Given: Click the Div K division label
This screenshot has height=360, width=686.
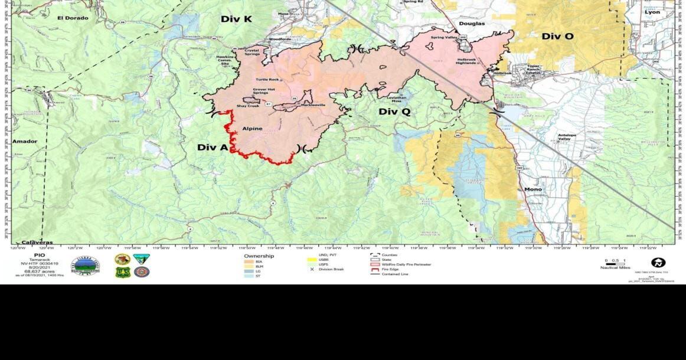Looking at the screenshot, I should click(x=236, y=19).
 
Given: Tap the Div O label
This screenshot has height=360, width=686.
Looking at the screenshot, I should click(x=557, y=37).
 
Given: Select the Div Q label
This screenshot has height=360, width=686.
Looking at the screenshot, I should click(x=394, y=112).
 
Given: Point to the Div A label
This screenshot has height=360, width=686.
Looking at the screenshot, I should click(x=212, y=147).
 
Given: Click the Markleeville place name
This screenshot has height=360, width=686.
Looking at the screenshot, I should click(x=296, y=104).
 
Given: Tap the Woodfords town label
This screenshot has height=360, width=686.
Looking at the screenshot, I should click(x=280, y=39).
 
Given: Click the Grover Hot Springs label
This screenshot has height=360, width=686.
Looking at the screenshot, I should click(x=264, y=91).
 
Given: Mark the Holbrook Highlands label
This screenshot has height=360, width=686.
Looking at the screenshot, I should click(x=469, y=61).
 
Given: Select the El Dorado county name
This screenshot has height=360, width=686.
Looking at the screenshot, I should click(x=73, y=18).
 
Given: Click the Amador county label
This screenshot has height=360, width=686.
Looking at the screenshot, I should click(x=25, y=142).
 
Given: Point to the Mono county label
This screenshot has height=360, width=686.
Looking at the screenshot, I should click(x=533, y=189).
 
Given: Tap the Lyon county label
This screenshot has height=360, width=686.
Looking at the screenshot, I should click(x=652, y=12).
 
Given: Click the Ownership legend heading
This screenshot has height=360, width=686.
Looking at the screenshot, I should click(x=259, y=256).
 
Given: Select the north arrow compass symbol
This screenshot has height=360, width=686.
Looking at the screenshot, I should click(x=658, y=263).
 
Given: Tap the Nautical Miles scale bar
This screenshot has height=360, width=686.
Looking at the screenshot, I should click(x=615, y=263).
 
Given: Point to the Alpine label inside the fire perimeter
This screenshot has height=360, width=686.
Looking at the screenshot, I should click(x=252, y=128).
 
